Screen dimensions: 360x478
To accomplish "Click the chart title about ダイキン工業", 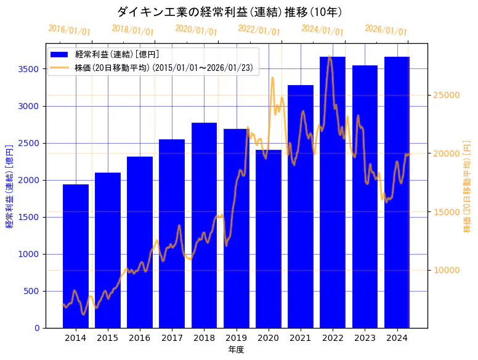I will (x=230, y=12).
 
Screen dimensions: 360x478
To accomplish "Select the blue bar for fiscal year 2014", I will (x=76, y=256).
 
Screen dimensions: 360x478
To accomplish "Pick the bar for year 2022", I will (x=333, y=192).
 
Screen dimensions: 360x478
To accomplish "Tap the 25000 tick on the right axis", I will (x=445, y=95).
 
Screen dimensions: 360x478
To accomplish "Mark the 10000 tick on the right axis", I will (x=445, y=270).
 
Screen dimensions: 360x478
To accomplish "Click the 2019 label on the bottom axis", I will (x=236, y=338).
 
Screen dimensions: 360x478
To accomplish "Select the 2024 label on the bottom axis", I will (x=397, y=338).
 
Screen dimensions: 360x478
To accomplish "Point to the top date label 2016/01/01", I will (x=69, y=30).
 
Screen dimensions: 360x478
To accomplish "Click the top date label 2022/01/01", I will (x=259, y=30).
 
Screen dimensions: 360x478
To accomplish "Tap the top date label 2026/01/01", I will (x=386, y=30).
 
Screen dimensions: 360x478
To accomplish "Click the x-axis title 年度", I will (x=236, y=350).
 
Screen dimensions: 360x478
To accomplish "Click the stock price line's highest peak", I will (x=330, y=57).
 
